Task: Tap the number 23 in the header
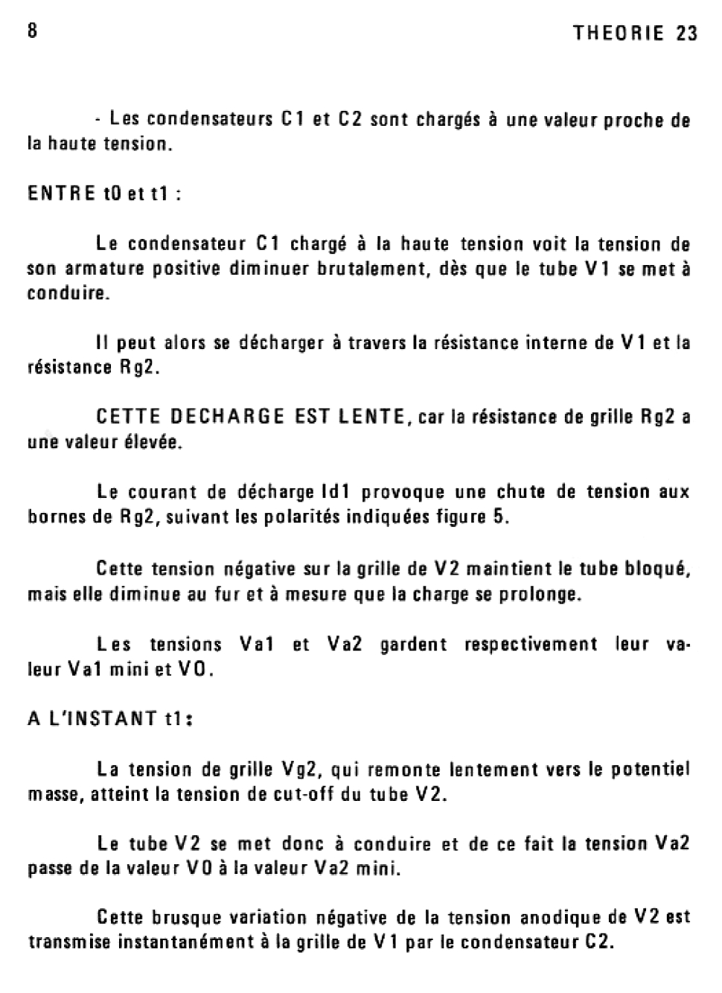(687, 33)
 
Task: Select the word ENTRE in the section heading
(62, 194)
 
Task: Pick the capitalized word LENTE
(371, 417)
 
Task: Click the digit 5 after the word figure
(499, 517)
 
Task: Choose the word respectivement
(531, 645)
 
